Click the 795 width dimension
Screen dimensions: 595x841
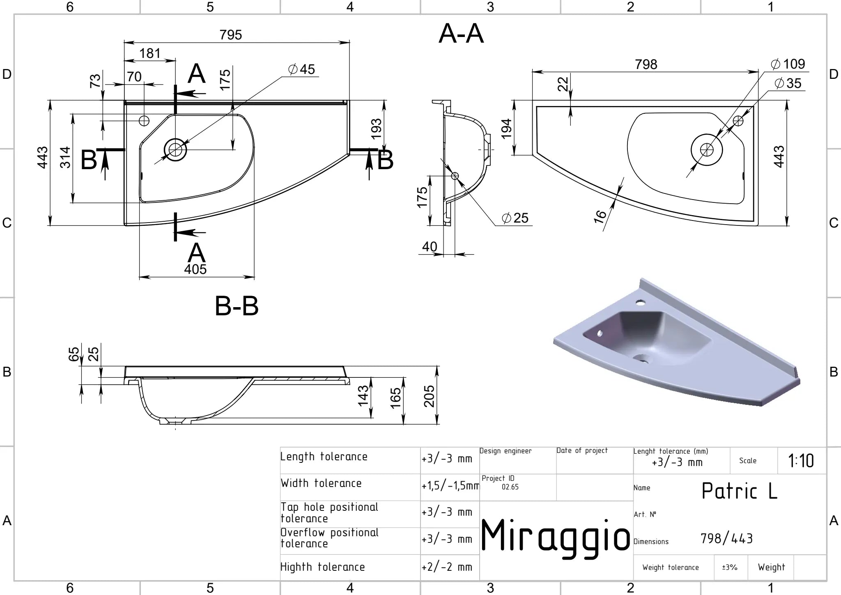(230, 35)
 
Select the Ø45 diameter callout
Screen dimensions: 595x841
(301, 69)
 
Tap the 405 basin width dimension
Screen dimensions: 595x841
(195, 269)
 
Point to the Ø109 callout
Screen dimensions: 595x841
(788, 64)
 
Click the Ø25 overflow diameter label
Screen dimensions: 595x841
(515, 218)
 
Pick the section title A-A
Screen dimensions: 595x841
(461, 34)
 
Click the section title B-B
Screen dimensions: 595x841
(237, 306)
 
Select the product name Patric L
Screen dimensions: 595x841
(739, 491)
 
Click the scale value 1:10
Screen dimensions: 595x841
(801, 461)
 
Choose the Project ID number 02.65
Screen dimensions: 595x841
(510, 487)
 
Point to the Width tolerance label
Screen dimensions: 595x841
(321, 483)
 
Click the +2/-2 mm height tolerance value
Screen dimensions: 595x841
(447, 567)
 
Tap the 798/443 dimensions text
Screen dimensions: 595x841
(726, 538)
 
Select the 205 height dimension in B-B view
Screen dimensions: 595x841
(429, 396)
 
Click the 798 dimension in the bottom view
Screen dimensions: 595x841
(646, 64)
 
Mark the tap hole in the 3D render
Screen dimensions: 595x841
(640, 303)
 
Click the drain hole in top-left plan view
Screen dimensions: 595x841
(175, 149)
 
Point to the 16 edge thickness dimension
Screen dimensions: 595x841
(600, 216)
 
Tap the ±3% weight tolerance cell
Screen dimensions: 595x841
(730, 567)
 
